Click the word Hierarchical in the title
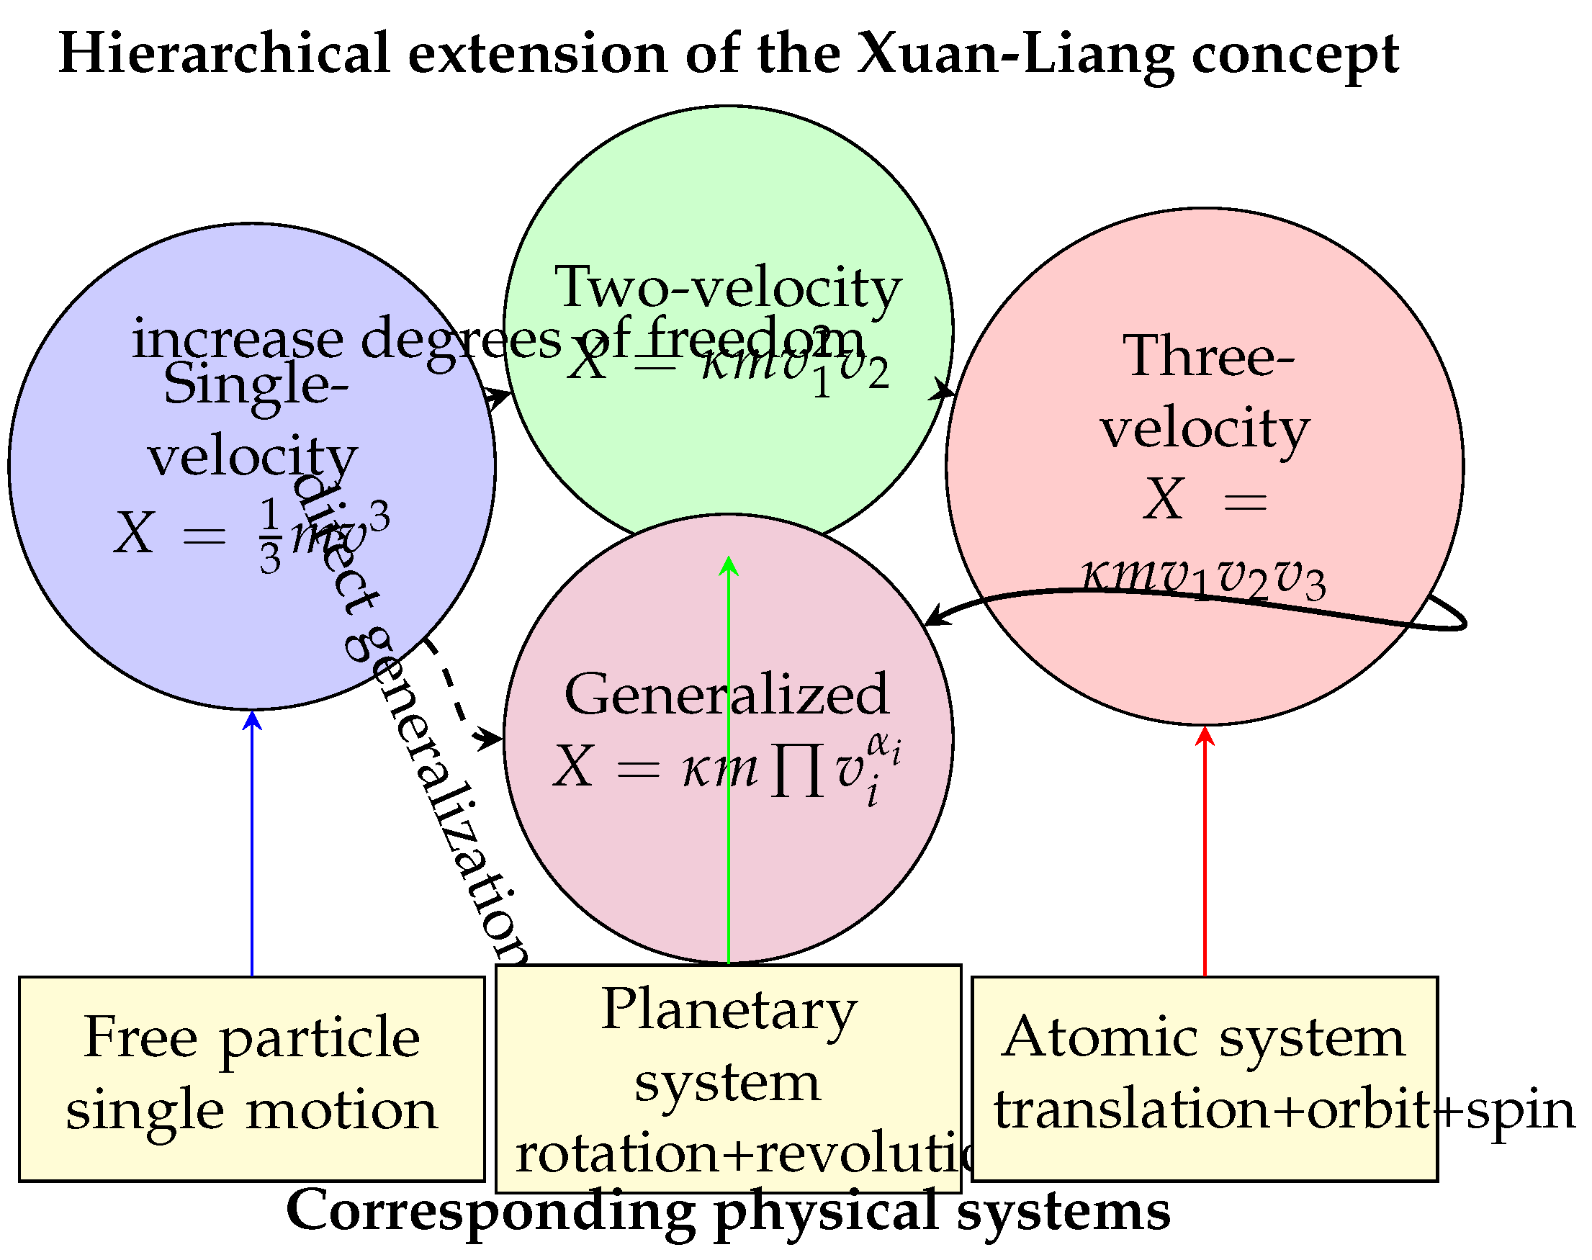[223, 53]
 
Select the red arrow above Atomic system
[1205, 848]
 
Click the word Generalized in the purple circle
[727, 694]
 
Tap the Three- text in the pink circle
[1208, 356]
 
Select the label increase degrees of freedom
[498, 338]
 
